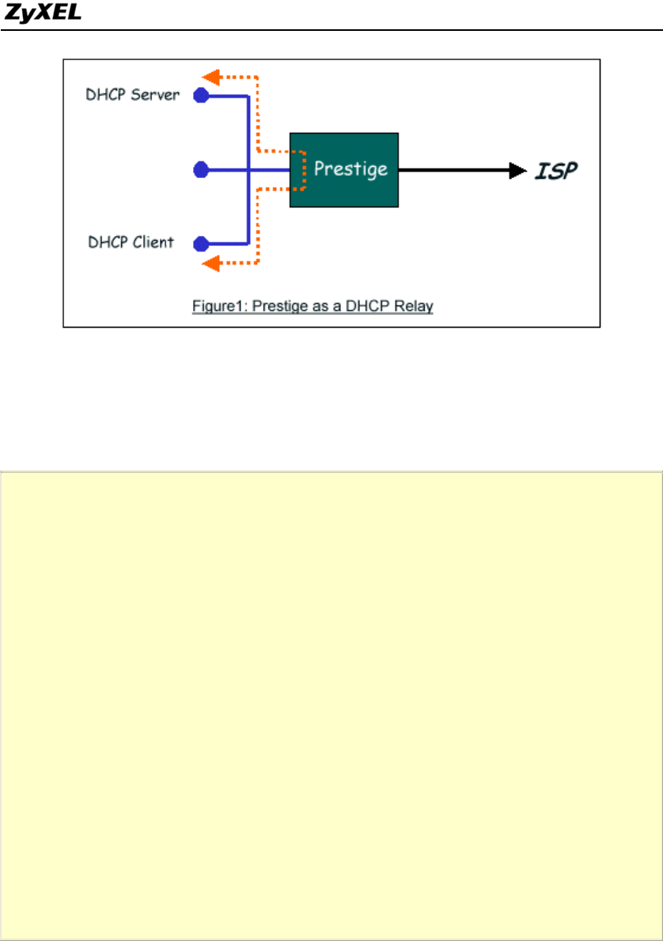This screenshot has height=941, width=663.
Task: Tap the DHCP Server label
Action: (133, 95)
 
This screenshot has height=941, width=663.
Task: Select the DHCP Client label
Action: (131, 242)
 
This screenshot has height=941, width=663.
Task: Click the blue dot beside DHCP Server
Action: (202, 96)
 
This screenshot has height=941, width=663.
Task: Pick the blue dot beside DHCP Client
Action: (202, 243)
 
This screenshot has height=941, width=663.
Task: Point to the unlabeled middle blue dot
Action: (202, 169)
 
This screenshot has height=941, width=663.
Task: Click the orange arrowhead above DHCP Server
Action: (210, 77)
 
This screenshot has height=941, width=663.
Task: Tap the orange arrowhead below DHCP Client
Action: (210, 264)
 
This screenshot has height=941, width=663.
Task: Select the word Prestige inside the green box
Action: (350, 169)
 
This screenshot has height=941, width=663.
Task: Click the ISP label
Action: (557, 169)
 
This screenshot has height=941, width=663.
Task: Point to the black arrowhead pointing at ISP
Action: (518, 169)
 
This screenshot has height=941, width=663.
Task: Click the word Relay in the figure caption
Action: (416, 306)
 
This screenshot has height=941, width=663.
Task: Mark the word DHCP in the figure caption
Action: (376, 306)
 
